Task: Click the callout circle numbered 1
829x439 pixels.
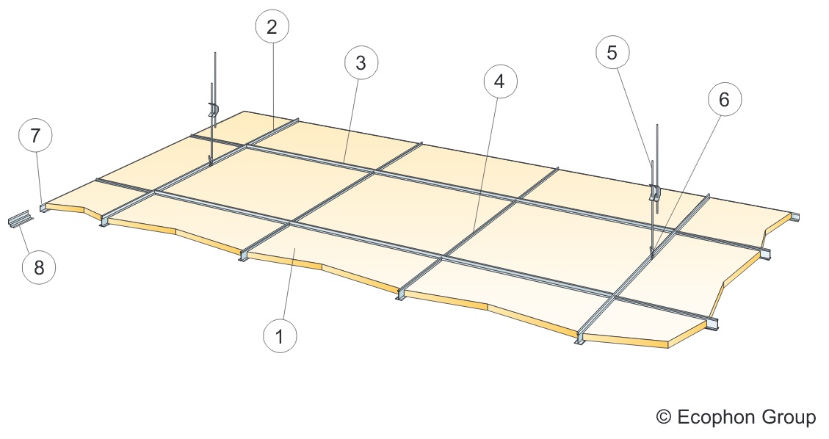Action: (280, 335)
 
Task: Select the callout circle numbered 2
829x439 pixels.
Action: (272, 26)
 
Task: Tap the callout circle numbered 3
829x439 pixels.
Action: (361, 63)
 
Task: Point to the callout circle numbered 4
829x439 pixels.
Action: (500, 81)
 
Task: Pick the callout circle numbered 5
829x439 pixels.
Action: (612, 52)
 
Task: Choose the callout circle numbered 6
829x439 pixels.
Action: (724, 99)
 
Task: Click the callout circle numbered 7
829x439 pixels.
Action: (35, 136)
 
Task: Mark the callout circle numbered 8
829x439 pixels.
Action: (39, 267)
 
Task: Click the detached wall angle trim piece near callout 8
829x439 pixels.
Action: (20, 218)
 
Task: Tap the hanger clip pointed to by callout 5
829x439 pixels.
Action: (655, 192)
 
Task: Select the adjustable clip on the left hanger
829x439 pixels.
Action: (214, 110)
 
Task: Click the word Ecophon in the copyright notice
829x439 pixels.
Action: (715, 417)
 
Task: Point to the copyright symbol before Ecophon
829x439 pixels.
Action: (664, 417)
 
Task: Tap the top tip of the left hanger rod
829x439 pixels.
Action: (215, 52)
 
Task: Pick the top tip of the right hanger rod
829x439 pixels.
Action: (657, 126)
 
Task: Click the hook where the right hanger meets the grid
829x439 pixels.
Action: (653, 252)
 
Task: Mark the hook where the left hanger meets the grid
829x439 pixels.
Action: (211, 160)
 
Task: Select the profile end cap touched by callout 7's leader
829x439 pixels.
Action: (43, 207)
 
